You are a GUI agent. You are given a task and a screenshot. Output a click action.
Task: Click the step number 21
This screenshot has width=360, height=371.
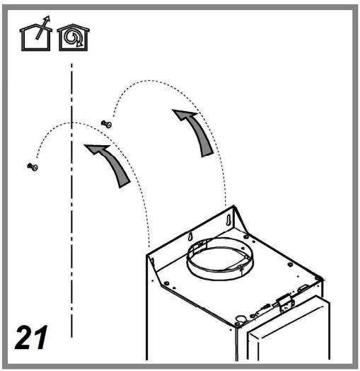pyautogui.click(x=31, y=337)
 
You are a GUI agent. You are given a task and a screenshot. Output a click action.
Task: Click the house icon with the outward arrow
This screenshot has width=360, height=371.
pyautogui.click(x=35, y=35)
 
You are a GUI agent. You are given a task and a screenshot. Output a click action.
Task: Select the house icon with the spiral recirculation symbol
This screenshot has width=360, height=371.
pyautogui.click(x=74, y=37)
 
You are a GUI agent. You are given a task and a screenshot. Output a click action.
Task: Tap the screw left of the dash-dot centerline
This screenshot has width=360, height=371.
pyautogui.click(x=33, y=166)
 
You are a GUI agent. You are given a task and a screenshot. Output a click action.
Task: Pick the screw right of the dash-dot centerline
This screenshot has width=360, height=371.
pyautogui.click(x=106, y=124)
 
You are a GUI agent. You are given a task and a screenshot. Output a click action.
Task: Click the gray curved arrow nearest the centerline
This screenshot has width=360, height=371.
pyautogui.click(x=111, y=164)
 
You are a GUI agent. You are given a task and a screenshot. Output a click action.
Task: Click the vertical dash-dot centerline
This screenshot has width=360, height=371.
pyautogui.click(x=71, y=200)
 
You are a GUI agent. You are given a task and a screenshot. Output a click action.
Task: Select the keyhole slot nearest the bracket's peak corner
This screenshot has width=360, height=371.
pyautogui.click(x=228, y=219)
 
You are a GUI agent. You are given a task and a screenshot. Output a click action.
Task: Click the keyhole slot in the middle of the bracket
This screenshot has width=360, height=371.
pyautogui.click(x=190, y=236)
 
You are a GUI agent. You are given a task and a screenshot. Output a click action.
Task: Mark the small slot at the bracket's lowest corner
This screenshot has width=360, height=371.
pyautogui.click(x=152, y=262)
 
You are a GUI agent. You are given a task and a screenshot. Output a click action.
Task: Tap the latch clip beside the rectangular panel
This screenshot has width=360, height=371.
pyautogui.click(x=286, y=304)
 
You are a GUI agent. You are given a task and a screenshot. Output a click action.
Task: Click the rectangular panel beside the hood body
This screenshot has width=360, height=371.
pyautogui.click(x=289, y=331)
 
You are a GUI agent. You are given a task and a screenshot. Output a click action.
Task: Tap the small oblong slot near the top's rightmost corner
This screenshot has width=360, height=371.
pyautogui.click(x=302, y=288)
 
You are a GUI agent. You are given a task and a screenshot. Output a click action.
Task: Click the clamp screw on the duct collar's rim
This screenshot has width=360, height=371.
pyautogui.click(x=240, y=268)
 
